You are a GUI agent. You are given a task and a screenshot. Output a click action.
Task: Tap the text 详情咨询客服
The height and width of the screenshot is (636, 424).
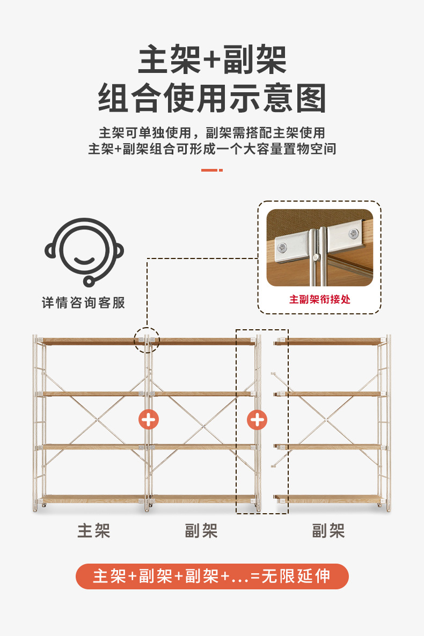[x=84, y=302]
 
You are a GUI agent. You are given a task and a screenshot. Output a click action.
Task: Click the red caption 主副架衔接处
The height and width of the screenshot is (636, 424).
[x=319, y=299]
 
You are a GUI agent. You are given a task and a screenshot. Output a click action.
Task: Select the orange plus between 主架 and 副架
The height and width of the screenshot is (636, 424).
[x=149, y=419]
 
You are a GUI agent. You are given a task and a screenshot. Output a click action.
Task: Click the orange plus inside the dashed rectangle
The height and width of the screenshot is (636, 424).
[x=257, y=419]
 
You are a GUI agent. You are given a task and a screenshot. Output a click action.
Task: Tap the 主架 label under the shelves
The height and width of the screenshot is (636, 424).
[x=94, y=531]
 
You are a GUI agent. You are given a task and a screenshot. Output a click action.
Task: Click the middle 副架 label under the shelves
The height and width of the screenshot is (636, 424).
[x=201, y=531]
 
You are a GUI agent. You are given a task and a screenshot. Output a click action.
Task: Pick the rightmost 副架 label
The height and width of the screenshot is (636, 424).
[x=328, y=531]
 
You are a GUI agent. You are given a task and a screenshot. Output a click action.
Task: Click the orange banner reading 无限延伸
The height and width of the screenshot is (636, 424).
[x=212, y=576]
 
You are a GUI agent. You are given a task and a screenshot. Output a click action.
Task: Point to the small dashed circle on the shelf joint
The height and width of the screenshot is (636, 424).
[x=147, y=340]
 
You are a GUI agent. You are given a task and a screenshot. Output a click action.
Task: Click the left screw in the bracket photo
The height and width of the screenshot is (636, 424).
[x=283, y=247]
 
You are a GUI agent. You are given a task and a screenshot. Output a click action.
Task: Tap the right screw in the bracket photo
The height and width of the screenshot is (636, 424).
[x=353, y=234]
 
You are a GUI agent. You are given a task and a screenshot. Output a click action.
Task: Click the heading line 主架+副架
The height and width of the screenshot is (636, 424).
[x=212, y=61]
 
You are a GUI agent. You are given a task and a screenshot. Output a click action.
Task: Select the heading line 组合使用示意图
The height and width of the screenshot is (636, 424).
[x=212, y=98]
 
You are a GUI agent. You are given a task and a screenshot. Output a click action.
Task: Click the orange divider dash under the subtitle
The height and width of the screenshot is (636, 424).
[x=211, y=170]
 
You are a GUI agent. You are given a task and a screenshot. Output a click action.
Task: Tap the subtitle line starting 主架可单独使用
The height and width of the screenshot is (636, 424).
[x=212, y=132]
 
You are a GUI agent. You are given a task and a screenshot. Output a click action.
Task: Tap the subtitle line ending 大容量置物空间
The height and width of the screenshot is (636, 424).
[x=212, y=149]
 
